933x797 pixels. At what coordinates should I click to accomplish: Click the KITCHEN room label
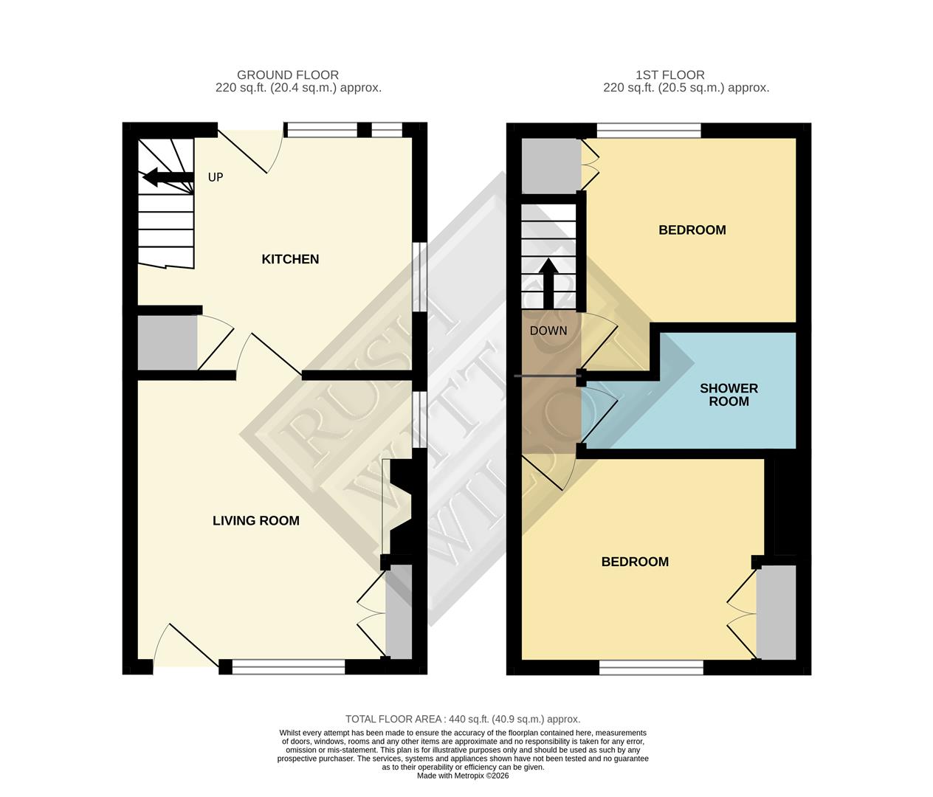pyautogui.click(x=290, y=259)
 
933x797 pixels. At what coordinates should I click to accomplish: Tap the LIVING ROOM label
pyautogui.click(x=255, y=520)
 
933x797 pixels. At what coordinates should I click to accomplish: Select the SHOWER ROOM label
pyautogui.click(x=729, y=395)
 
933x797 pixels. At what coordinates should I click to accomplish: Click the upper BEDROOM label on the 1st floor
pyautogui.click(x=692, y=230)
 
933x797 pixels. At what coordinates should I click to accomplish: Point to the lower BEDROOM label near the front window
pyautogui.click(x=635, y=562)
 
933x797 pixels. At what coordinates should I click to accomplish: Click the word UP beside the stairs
pyautogui.click(x=215, y=177)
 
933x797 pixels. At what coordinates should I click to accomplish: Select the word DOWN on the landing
pyautogui.click(x=548, y=331)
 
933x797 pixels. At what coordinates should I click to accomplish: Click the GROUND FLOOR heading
pyautogui.click(x=287, y=75)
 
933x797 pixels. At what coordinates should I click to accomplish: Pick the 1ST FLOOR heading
pyautogui.click(x=669, y=75)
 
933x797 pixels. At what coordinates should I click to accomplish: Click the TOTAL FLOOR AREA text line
pyautogui.click(x=463, y=719)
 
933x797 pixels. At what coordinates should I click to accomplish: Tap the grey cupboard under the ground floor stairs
pyautogui.click(x=168, y=343)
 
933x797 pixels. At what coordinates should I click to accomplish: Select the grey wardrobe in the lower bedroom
pyautogui.click(x=777, y=612)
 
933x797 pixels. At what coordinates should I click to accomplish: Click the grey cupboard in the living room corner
pyautogui.click(x=399, y=611)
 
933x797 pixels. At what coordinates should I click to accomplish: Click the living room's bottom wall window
pyautogui.click(x=289, y=667)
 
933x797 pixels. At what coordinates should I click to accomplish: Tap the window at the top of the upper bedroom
pyautogui.click(x=649, y=131)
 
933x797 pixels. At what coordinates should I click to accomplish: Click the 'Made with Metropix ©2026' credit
pyautogui.click(x=463, y=776)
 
